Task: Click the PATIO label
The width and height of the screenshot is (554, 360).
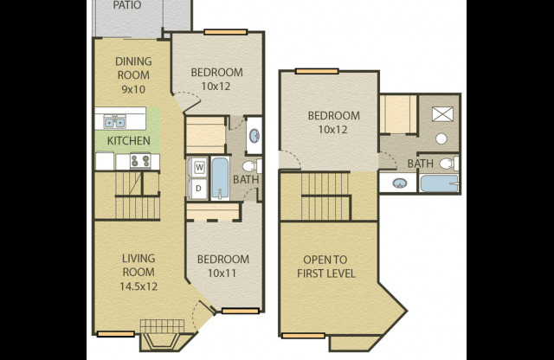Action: point(127,5)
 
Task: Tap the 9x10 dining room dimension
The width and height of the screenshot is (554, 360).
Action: point(133,89)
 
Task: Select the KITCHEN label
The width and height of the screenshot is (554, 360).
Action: point(129,140)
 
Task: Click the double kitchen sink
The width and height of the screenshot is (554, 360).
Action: point(115,122)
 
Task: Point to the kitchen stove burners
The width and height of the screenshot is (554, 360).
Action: point(140,161)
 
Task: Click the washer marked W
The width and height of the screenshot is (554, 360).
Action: point(199,167)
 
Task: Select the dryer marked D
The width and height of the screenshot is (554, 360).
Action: point(198,189)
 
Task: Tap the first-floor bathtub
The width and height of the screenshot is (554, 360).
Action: point(220,178)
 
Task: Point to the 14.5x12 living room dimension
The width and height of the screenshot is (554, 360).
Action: point(138,286)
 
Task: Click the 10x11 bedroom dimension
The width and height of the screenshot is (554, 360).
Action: point(222,273)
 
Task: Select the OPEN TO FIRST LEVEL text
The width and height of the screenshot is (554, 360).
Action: point(325,267)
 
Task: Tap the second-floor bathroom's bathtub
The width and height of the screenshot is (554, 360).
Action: point(439,183)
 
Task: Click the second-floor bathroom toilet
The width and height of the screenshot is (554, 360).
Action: point(449,164)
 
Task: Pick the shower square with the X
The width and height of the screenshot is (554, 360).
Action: point(442,113)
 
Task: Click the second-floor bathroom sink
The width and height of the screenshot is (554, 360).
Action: point(399,183)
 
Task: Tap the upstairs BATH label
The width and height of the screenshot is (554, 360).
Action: point(420,164)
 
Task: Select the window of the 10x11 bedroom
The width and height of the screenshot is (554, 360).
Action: point(241,311)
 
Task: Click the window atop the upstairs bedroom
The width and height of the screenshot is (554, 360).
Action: point(317,71)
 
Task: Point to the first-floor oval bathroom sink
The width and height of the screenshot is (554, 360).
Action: point(254,136)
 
